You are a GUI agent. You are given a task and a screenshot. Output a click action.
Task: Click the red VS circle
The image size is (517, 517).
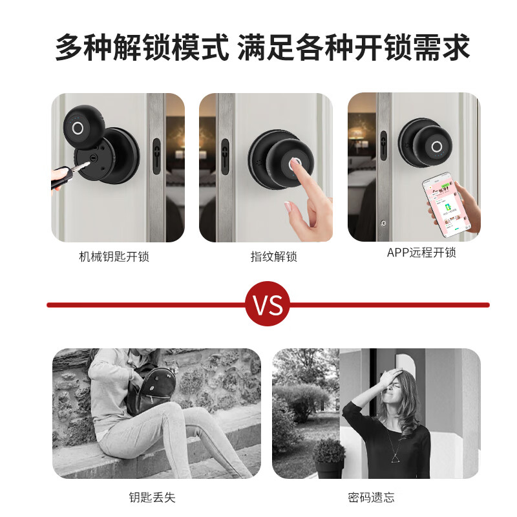[268, 304]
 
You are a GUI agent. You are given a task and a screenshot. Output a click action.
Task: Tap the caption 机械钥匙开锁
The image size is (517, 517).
[114, 257]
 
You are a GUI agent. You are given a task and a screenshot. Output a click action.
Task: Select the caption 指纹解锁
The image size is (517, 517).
[273, 257]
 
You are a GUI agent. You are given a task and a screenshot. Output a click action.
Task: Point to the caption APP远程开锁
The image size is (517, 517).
[421, 253]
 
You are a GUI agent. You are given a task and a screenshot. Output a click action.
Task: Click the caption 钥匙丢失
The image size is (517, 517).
[152, 497]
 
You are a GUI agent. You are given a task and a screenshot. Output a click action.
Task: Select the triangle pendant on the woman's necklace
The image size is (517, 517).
[394, 459]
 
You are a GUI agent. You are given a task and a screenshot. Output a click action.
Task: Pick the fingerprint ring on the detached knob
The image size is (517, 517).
[77, 127]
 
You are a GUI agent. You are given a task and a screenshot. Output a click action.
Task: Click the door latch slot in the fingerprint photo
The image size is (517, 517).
[225, 157]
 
